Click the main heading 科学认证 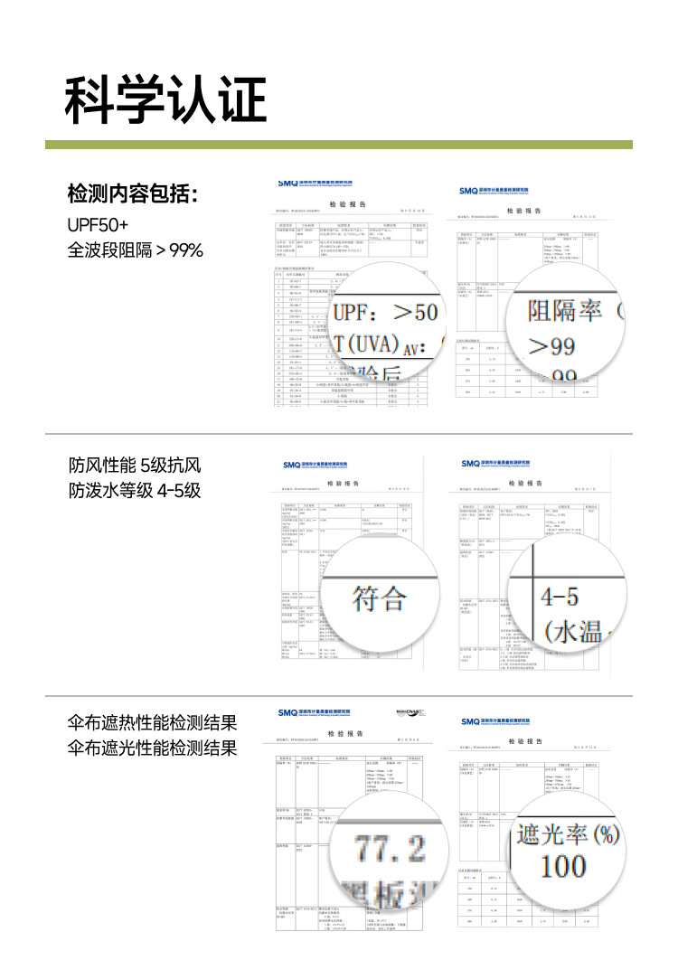[x=165, y=99]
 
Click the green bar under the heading [x=339, y=145]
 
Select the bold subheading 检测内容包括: [x=132, y=195]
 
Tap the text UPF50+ [x=98, y=223]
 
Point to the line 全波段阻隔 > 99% [x=135, y=249]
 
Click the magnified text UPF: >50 [x=385, y=314]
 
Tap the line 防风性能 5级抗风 [x=134, y=466]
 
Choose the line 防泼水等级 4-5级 [x=134, y=492]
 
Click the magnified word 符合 [x=379, y=598]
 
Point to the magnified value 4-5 [x=560, y=598]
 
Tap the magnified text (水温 [x=575, y=631]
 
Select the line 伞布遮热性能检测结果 [x=152, y=723]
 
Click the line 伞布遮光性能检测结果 [x=152, y=748]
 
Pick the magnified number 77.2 [x=390, y=848]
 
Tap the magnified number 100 [x=563, y=866]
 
